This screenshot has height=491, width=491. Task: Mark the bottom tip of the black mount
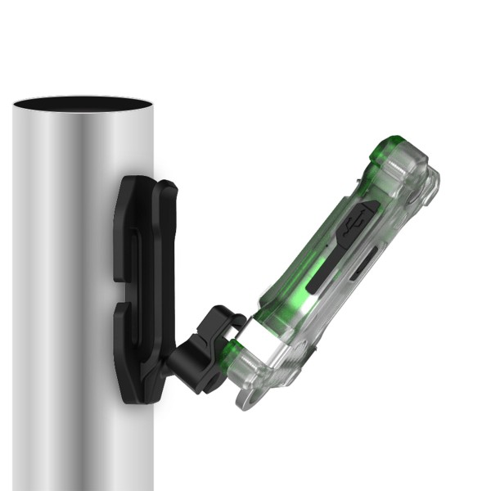coord(131,399)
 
